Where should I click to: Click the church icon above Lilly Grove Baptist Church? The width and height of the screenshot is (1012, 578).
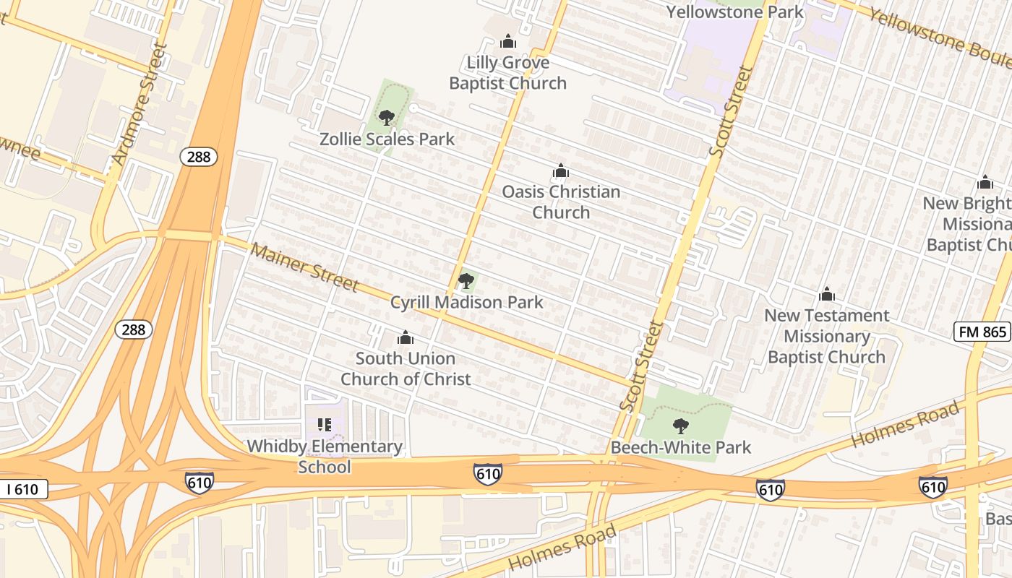508,41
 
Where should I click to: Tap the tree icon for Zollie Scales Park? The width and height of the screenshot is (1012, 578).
387,117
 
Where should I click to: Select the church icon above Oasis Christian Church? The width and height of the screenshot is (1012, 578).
560,171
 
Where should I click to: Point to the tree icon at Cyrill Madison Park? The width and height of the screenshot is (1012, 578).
466,280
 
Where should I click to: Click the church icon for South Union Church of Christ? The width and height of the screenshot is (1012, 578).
406,337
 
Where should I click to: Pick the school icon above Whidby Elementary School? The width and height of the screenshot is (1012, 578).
324,425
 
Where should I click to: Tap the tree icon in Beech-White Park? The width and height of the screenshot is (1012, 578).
680,426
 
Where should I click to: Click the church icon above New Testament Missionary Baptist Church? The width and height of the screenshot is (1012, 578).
827,295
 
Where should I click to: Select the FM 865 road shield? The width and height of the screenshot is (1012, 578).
981,332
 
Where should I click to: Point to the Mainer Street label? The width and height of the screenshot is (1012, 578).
304,267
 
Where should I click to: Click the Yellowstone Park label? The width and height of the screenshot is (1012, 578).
734,12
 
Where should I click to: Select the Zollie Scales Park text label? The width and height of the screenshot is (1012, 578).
387,139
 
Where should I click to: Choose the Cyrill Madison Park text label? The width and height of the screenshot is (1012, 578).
466,302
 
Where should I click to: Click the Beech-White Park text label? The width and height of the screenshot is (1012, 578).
681,447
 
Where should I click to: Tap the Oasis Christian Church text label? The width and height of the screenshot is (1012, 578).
561,202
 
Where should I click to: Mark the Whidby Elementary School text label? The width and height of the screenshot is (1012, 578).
325,456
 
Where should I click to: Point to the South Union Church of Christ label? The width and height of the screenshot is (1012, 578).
406,368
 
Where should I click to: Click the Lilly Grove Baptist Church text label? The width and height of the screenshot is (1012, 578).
507,72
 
